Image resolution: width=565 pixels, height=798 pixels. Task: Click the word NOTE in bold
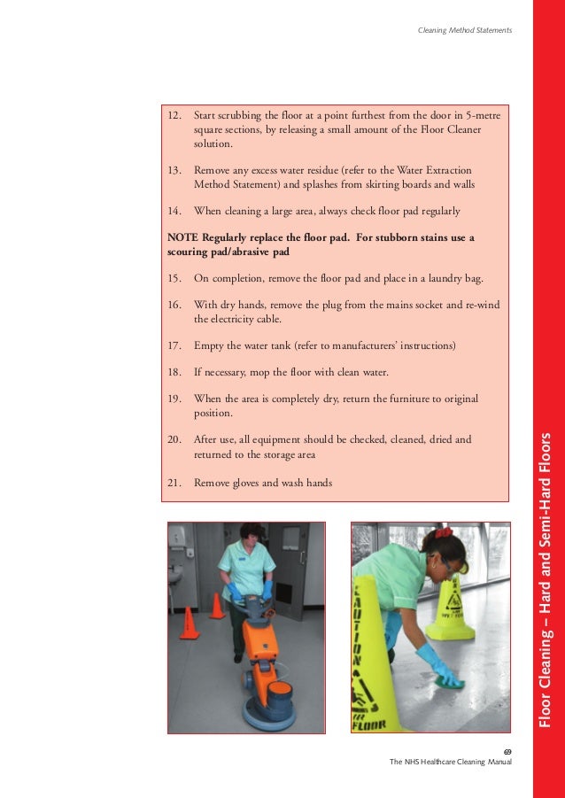click(182, 238)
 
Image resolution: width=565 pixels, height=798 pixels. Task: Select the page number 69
click(507, 751)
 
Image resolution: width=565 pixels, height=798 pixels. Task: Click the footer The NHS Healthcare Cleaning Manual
click(451, 763)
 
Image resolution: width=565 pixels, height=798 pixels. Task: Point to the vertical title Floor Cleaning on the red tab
click(547, 673)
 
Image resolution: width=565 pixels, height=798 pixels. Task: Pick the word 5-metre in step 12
click(486, 116)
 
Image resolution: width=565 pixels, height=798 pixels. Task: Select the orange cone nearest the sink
click(187, 623)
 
